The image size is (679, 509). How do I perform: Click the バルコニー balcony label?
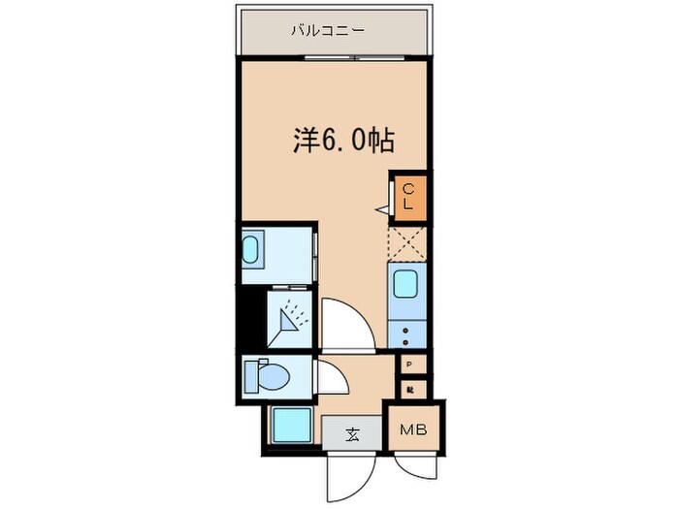click(x=327, y=31)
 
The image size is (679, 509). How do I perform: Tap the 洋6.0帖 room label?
click(x=343, y=141)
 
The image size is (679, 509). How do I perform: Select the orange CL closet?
click(x=407, y=197)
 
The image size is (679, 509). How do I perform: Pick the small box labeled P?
click(x=410, y=366)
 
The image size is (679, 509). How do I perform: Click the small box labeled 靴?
click(x=410, y=388)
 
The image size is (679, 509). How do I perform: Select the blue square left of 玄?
click(x=290, y=425)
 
